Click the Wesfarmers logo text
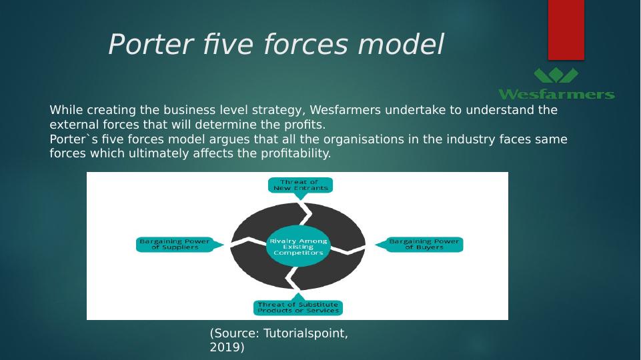(x=556, y=94)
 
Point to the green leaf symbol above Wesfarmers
(x=556, y=75)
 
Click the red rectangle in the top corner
(x=566, y=29)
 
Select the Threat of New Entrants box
(x=300, y=185)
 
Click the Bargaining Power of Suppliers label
(x=175, y=244)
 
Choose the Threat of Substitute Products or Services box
(x=298, y=307)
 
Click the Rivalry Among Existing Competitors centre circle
(x=298, y=247)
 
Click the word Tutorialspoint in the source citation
(x=305, y=333)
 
